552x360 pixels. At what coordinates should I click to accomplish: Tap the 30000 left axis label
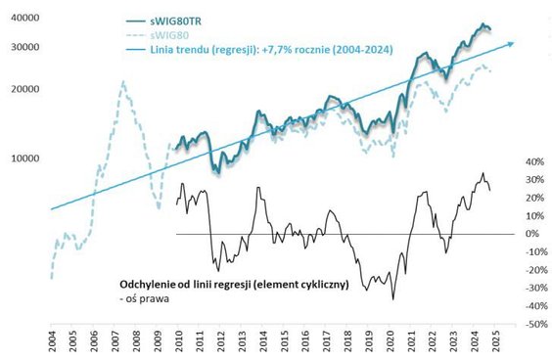(x=21, y=47)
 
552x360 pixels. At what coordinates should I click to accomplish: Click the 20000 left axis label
(x=21, y=88)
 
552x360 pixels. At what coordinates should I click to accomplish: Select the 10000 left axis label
(x=21, y=157)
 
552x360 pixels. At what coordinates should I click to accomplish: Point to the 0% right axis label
(x=534, y=234)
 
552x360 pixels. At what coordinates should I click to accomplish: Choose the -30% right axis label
(x=534, y=288)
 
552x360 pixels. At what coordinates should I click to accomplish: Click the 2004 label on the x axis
(x=53, y=342)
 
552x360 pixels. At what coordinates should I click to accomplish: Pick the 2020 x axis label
(x=390, y=342)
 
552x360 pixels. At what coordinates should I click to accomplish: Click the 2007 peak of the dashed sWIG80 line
(x=123, y=82)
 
